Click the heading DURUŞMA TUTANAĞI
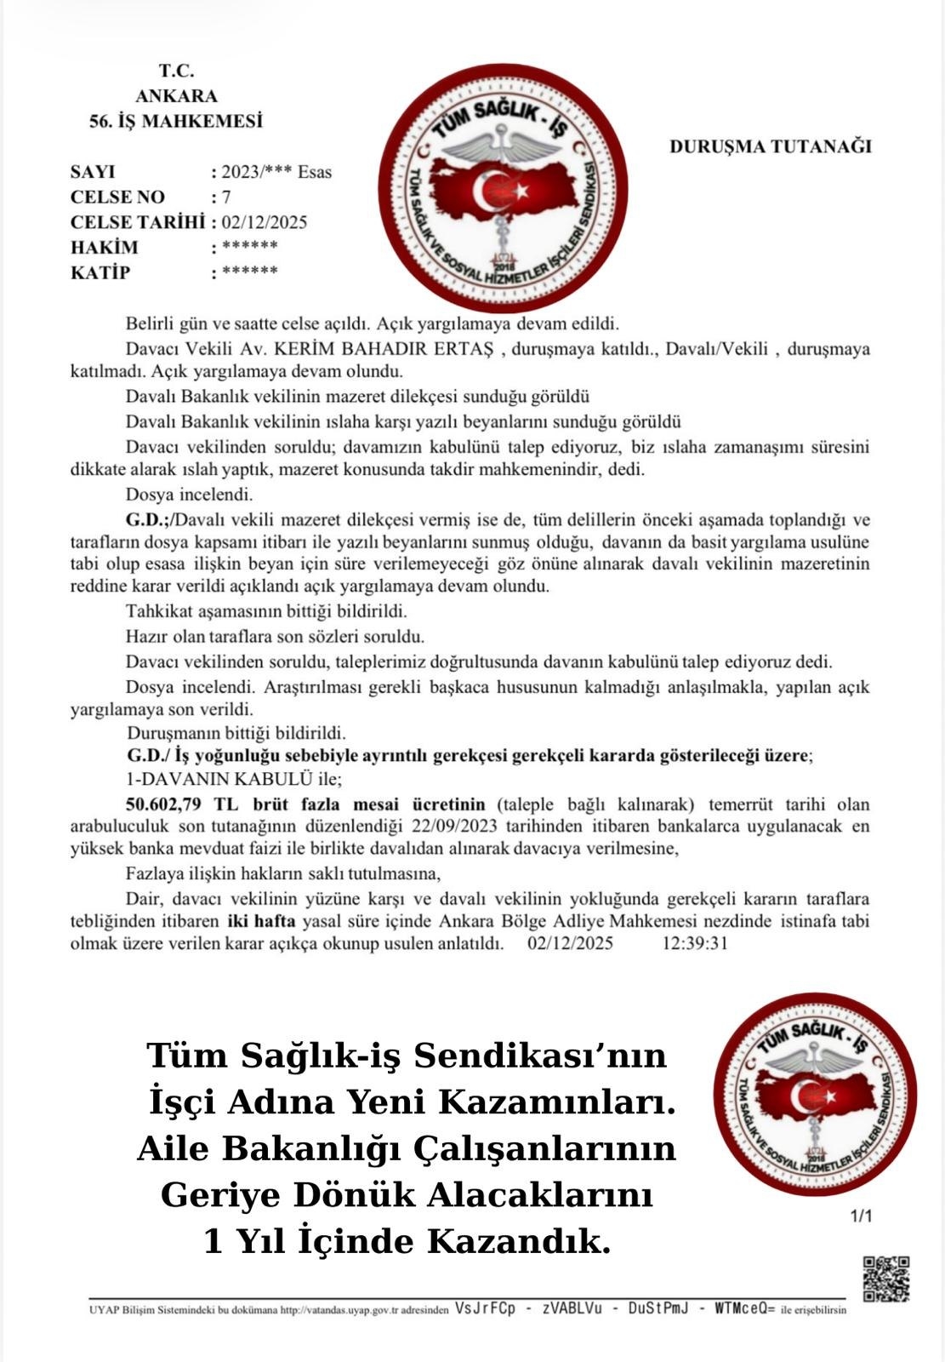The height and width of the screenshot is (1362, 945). (x=771, y=146)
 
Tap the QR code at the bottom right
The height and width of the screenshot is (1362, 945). (x=886, y=1279)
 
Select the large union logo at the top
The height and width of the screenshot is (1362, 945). (x=502, y=189)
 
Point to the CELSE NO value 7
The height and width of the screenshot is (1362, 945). (x=226, y=197)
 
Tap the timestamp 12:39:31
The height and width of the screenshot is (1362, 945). (x=694, y=943)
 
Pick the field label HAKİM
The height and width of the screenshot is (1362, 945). (x=104, y=248)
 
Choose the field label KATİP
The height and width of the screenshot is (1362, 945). (x=100, y=273)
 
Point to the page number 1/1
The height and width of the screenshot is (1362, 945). (x=861, y=1216)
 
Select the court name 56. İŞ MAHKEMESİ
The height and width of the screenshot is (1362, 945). (x=176, y=121)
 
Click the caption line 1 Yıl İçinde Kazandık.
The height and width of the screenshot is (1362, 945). (x=407, y=1242)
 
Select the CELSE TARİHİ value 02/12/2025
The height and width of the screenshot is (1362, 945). (x=265, y=223)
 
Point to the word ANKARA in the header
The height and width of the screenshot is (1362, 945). (x=176, y=96)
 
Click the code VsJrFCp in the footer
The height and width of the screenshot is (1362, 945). (x=485, y=1308)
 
